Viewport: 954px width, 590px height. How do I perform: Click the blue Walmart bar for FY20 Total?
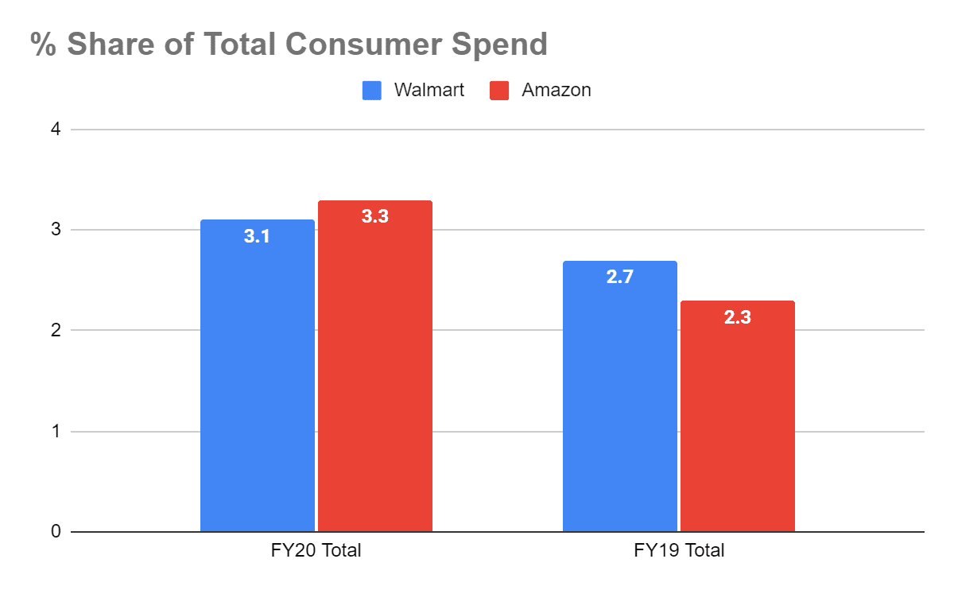[x=258, y=382]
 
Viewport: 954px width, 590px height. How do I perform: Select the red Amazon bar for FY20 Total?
[x=375, y=374]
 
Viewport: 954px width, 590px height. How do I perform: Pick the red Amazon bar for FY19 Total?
[x=738, y=421]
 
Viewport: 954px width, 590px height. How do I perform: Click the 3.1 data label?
[x=258, y=236]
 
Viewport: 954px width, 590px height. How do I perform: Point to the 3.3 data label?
[x=375, y=216]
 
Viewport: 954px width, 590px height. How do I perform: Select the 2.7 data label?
[x=620, y=278]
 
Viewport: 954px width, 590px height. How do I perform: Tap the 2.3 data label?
[x=738, y=316]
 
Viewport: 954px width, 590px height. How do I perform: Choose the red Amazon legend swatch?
[x=499, y=90]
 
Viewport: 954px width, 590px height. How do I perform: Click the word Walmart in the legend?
[x=429, y=90]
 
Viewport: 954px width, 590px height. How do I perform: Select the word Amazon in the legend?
[x=556, y=90]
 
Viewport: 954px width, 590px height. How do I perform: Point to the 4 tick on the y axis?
[x=56, y=129]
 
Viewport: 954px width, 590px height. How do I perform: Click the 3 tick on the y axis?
[x=56, y=230]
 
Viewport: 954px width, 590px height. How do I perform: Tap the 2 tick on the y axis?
[x=56, y=331]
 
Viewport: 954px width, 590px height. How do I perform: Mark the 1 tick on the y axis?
[x=56, y=432]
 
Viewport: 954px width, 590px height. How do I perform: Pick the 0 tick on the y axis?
[x=56, y=532]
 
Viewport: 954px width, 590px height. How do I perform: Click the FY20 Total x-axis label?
[x=316, y=550]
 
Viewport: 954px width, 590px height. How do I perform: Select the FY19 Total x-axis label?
[x=679, y=550]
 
